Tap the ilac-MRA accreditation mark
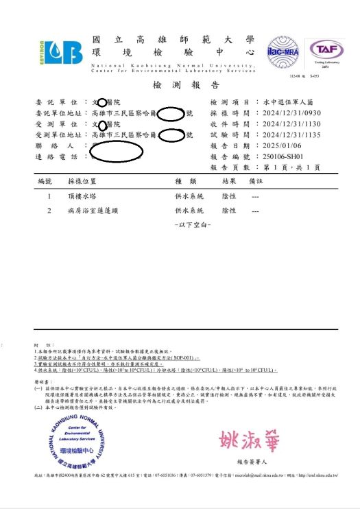(x=282, y=50)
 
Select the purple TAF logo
(x=325, y=50)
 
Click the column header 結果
(x=228, y=182)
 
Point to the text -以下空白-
(x=193, y=224)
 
